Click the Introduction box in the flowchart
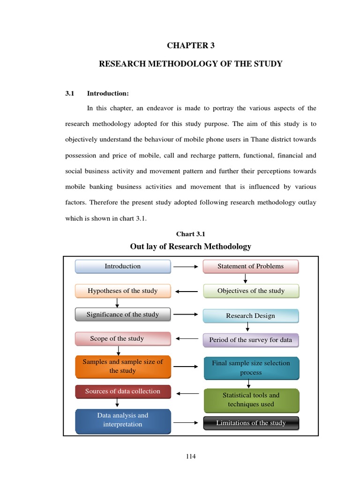123,266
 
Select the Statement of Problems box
250,266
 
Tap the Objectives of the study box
251,291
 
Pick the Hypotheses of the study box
123,291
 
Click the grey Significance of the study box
123,315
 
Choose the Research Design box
250,316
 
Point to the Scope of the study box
123,339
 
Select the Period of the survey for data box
250,340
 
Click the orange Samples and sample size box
123,367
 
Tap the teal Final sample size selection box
251,368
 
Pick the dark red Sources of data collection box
123,391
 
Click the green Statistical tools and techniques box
251,400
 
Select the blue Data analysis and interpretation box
123,420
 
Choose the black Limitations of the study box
251,423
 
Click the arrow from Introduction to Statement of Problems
186,267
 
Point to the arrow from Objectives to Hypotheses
186,292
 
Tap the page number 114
190,457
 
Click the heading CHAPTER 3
190,45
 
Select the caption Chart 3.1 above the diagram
190,234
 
